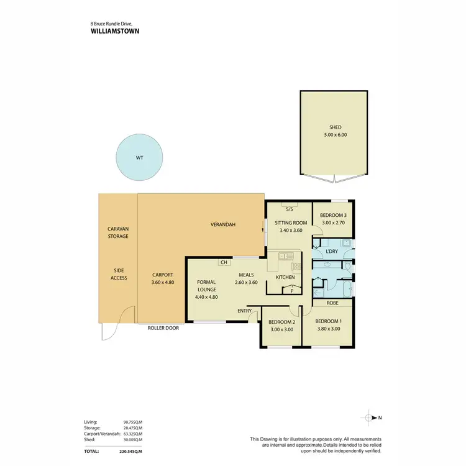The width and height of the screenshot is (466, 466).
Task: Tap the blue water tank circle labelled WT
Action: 140,158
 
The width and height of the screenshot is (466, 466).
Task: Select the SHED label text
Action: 336,127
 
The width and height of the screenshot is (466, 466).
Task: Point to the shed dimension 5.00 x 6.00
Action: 336,135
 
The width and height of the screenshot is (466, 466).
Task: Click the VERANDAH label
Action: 222,225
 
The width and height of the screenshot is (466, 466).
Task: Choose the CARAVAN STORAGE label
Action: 118,232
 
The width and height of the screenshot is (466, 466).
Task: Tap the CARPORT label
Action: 162,274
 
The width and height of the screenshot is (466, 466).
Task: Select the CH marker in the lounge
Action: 222,262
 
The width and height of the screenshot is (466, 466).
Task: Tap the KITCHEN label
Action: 285,276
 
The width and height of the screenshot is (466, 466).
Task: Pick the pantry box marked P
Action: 291,290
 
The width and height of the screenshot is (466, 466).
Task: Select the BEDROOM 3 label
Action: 333,215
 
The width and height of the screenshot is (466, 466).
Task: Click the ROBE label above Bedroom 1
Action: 333,303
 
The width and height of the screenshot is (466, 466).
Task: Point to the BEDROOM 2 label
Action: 281,322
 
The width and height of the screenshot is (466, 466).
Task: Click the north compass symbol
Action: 370,417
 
